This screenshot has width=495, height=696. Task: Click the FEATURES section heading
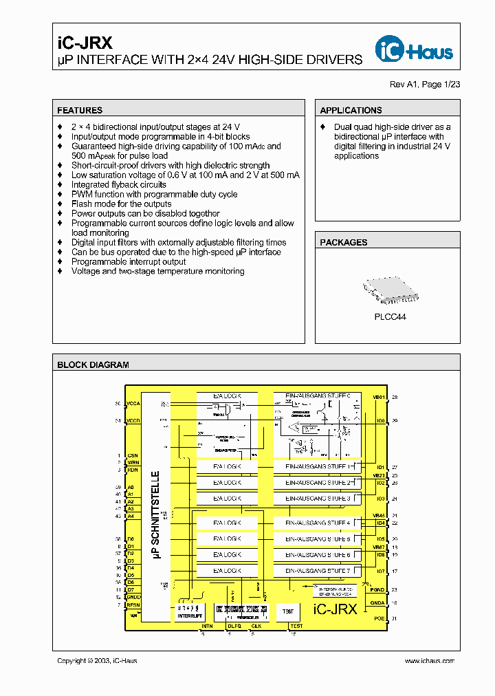click(x=80, y=110)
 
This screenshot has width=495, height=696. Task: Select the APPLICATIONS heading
click(x=351, y=110)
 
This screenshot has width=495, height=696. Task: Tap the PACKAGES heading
click(x=344, y=242)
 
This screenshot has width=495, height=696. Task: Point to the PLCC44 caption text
click(x=390, y=317)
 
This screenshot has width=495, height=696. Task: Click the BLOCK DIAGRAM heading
click(x=93, y=365)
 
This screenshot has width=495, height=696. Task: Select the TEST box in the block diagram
click(x=287, y=611)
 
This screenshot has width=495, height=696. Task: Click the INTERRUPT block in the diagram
click(x=190, y=612)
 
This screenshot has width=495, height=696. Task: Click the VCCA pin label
click(x=133, y=404)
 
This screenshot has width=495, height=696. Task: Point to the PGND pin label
click(x=378, y=590)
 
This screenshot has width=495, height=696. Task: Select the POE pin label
click(x=379, y=618)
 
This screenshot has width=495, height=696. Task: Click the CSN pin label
click(x=132, y=455)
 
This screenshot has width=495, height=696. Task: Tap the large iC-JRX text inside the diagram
click(x=335, y=609)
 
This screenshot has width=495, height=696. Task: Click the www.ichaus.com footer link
click(x=429, y=660)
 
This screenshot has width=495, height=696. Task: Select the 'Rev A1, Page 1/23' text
click(x=425, y=84)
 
